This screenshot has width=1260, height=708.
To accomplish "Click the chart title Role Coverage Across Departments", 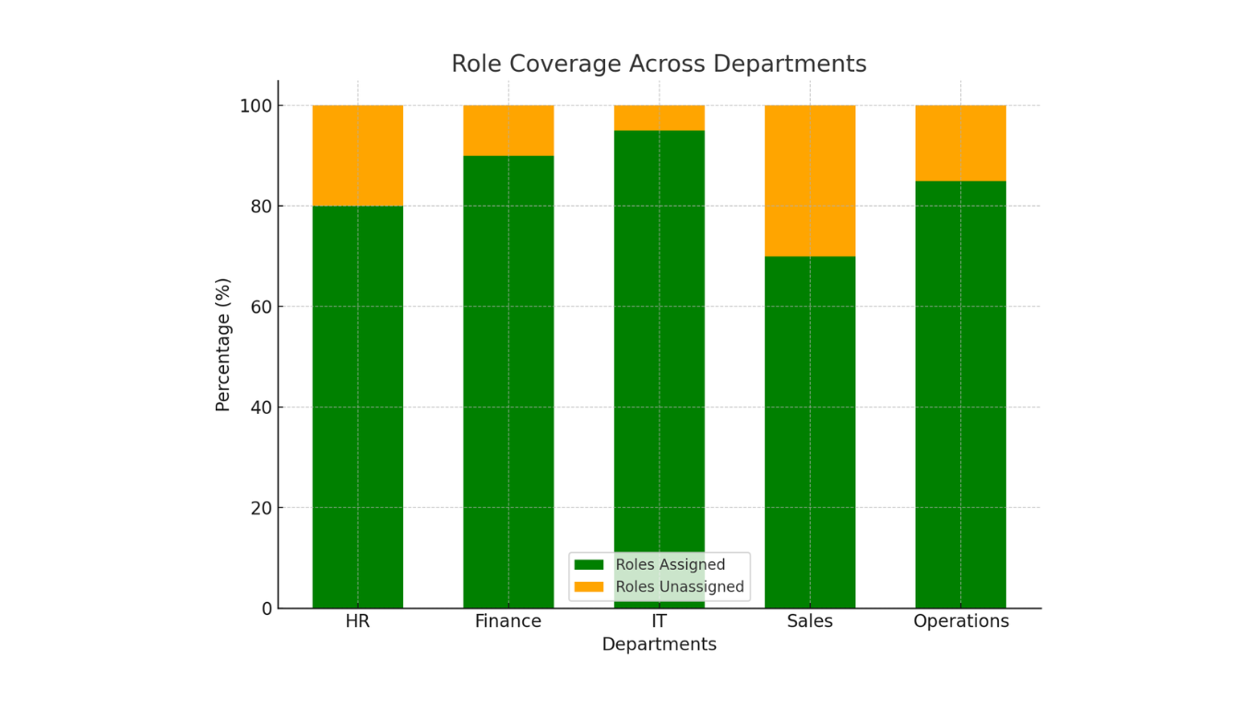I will [659, 65].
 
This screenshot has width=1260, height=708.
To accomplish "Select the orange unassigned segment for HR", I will [358, 155].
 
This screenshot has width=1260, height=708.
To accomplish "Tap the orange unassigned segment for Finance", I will [508, 130].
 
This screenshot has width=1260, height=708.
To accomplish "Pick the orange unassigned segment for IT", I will [659, 118].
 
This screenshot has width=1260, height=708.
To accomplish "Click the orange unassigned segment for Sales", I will [810, 181].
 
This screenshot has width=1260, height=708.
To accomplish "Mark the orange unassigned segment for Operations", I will [960, 143].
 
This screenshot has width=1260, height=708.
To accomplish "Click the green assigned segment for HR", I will [358, 406].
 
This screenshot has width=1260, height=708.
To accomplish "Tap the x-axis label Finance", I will [508, 621].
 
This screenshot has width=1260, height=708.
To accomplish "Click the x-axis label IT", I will [659, 621].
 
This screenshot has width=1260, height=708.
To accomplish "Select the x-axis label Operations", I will [961, 621].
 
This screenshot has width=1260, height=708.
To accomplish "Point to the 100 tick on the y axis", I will [256, 106].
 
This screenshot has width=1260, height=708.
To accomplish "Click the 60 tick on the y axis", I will [262, 307].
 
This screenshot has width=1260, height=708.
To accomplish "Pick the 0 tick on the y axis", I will [267, 608].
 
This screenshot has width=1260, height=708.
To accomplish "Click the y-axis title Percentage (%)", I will [223, 344].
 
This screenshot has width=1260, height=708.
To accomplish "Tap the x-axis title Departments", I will [659, 644].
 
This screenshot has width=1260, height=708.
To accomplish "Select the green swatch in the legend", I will [588, 564].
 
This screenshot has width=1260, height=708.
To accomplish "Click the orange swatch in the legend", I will [588, 586].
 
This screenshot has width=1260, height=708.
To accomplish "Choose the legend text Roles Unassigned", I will [680, 586].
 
